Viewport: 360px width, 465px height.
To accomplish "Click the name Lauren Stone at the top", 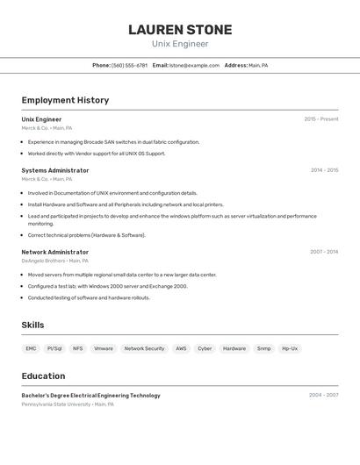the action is click(x=180, y=30).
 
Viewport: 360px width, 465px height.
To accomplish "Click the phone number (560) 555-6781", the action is click(x=129, y=65).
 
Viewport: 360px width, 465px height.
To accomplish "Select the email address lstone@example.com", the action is click(x=194, y=65).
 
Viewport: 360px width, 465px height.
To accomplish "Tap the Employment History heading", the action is click(x=65, y=100).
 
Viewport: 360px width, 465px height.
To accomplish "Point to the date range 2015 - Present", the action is click(x=321, y=119).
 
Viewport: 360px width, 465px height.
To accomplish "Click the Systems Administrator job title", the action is click(x=55, y=170).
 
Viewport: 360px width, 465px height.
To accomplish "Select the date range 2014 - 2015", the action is click(x=324, y=170).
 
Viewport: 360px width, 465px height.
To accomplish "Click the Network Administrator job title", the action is click(x=55, y=252).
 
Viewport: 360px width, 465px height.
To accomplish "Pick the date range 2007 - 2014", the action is click(x=324, y=252).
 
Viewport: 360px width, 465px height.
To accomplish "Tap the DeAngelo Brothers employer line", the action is click(x=54, y=261).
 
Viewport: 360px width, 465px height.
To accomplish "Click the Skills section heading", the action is click(x=32, y=325).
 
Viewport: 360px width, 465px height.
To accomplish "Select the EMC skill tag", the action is click(x=31, y=348).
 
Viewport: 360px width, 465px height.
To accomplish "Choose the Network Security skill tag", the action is click(x=144, y=348).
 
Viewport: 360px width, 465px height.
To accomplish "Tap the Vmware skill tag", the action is click(x=104, y=348).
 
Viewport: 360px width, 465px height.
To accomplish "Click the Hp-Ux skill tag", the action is click(x=290, y=348).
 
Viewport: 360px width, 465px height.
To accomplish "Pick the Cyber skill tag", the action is click(x=205, y=348).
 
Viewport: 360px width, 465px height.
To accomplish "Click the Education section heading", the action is click(x=43, y=376).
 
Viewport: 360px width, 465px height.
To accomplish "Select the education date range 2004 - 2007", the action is click(x=323, y=396).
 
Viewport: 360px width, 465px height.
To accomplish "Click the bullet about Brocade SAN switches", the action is click(x=113, y=142).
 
